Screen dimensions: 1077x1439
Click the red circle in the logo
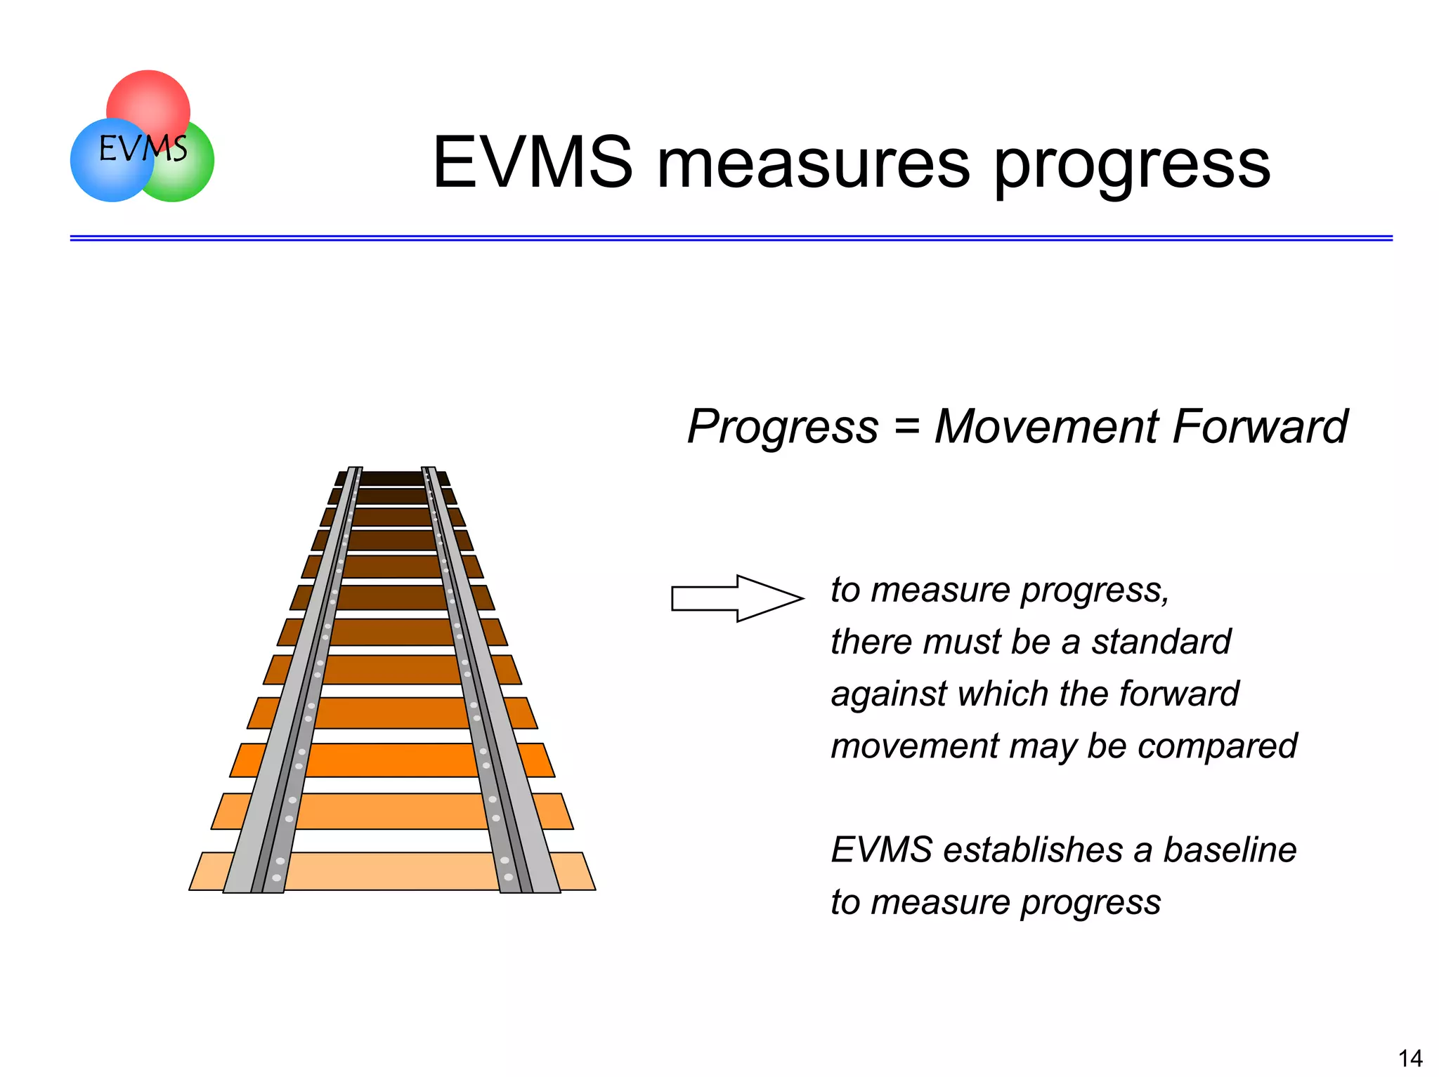coord(149,98)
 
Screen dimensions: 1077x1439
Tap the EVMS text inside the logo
coord(143,149)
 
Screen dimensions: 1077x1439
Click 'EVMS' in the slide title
coord(533,163)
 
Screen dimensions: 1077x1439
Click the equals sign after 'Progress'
coord(906,426)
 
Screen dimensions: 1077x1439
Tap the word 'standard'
coord(1161,641)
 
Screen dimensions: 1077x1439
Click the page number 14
coord(1409,1057)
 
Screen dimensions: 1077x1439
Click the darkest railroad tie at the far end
coord(392,478)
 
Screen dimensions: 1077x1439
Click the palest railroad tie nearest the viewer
coord(392,871)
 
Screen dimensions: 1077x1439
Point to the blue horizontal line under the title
coord(731,239)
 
